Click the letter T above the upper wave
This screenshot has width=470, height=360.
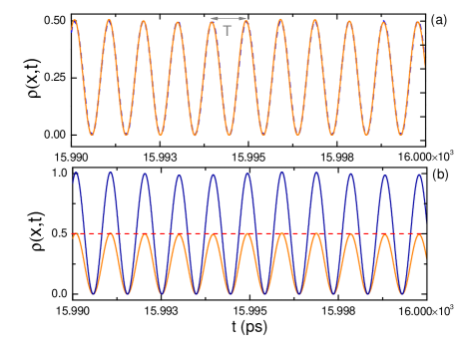[228, 31]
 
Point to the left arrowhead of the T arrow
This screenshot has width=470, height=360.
[213, 18]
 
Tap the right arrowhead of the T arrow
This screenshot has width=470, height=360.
[244, 18]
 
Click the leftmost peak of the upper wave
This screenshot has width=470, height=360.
[76, 20]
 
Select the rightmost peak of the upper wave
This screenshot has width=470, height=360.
[417, 21]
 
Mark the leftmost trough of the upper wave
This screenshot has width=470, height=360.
[92, 134]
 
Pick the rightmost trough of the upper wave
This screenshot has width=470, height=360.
[400, 134]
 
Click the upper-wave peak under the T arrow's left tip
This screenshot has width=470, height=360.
[213, 22]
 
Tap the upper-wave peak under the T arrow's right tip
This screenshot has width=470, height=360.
[246, 21]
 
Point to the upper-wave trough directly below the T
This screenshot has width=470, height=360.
[230, 134]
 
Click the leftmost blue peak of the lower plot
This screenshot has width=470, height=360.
[76, 173]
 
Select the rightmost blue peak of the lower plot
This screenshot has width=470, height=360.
[418, 175]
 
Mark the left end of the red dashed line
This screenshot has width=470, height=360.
[73, 234]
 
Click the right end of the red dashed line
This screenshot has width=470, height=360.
[425, 234]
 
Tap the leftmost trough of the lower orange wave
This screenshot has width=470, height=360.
[93, 294]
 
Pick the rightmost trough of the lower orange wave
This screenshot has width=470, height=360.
[401, 294]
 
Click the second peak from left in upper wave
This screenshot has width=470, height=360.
[109, 20]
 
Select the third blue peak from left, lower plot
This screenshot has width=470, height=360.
[145, 175]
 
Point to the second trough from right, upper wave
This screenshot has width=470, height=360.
[366, 134]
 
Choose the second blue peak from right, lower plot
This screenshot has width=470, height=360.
[384, 177]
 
